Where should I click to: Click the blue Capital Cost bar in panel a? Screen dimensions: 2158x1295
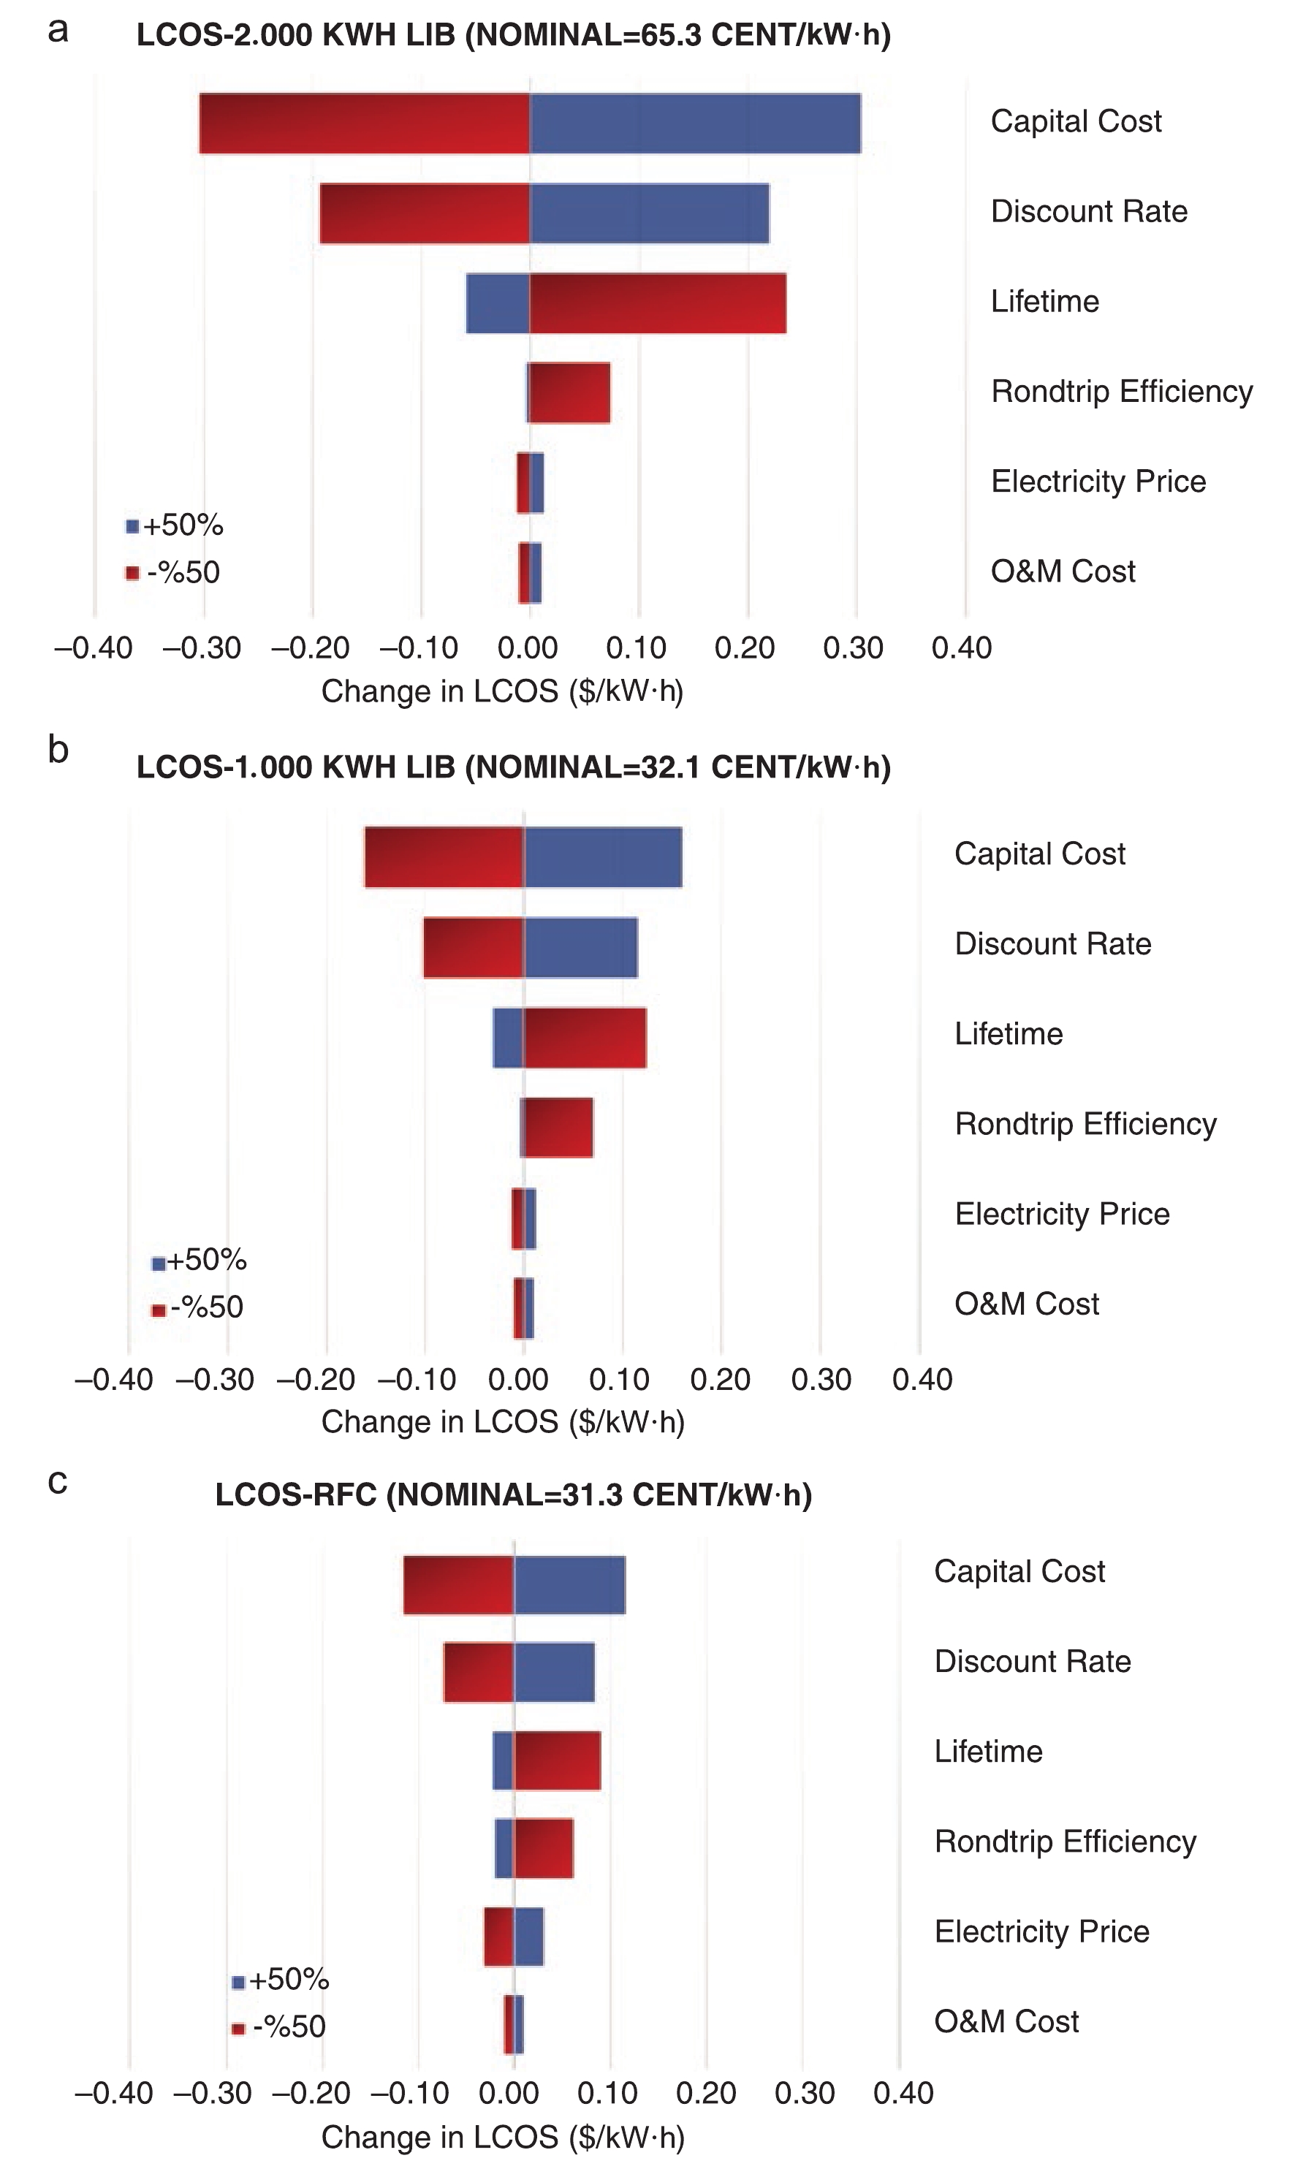(x=694, y=123)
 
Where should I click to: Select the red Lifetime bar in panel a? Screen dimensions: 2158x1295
(x=657, y=303)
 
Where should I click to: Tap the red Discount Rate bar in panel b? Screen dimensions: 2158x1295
(x=473, y=947)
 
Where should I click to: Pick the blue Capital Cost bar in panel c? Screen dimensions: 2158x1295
(x=569, y=1584)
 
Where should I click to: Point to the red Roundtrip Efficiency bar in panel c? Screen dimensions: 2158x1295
(x=543, y=1847)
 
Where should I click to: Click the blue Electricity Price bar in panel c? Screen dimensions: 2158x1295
(x=529, y=1937)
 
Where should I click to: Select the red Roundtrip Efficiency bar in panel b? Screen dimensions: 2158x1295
(x=558, y=1128)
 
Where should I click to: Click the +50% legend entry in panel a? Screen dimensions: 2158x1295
(x=175, y=525)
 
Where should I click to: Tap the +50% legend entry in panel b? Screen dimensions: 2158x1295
(x=199, y=1260)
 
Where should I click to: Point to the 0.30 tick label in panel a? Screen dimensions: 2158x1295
(x=853, y=648)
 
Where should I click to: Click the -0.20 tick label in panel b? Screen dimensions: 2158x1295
(x=315, y=1380)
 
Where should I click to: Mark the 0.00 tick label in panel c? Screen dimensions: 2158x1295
(x=509, y=2092)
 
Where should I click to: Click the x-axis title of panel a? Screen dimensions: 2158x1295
(x=502, y=691)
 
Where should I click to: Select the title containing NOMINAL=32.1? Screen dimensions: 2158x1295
(x=513, y=767)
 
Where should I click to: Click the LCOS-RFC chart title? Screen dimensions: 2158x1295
(x=513, y=1494)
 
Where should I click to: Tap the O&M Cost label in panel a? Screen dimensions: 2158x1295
(x=1062, y=571)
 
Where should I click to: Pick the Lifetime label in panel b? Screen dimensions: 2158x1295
(x=1008, y=1034)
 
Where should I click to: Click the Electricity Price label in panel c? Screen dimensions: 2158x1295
(x=1041, y=1932)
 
